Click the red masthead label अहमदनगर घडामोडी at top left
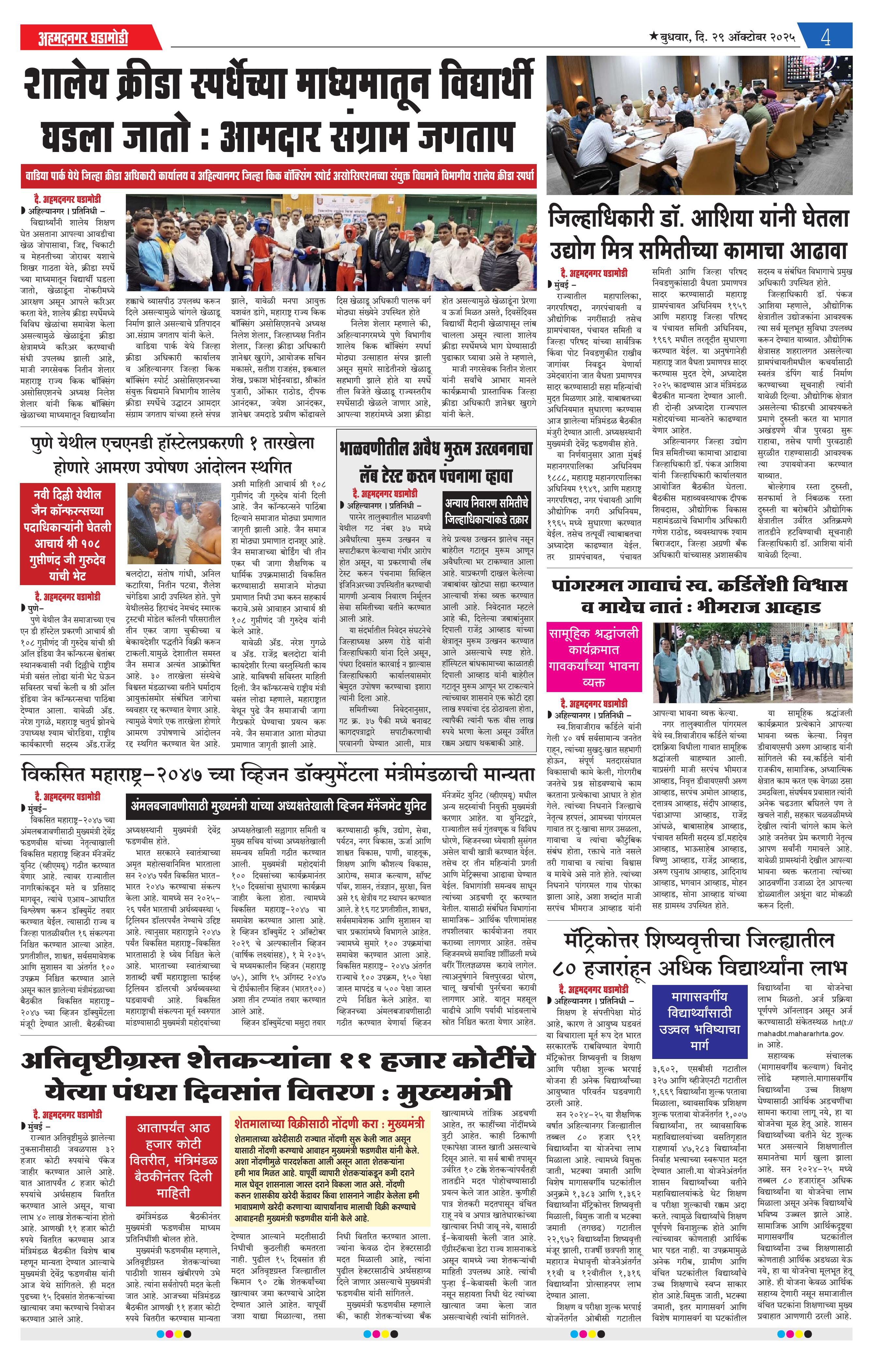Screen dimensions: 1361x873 (83, 38)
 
